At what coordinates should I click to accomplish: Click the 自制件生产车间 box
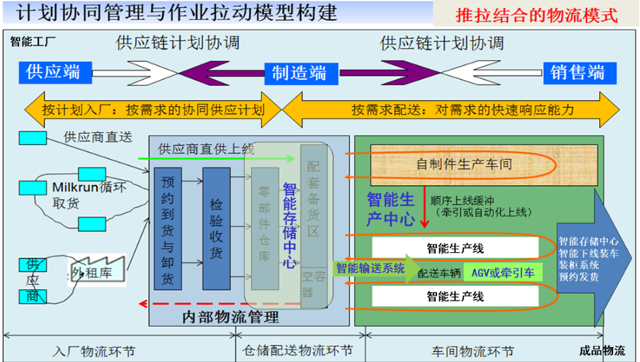(x=453, y=164)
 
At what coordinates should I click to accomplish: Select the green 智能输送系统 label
(x=370, y=269)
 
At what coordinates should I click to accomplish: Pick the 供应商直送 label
(x=99, y=137)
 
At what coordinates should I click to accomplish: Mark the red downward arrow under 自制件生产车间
(x=425, y=207)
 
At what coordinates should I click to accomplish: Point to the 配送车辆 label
(x=439, y=273)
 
